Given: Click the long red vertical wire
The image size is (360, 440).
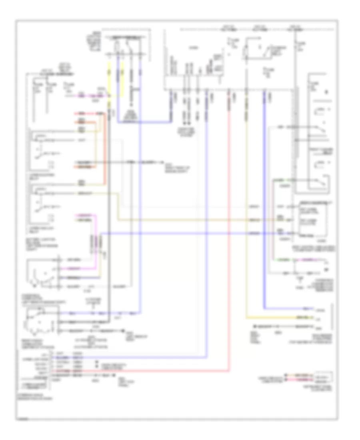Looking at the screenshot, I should click(x=228, y=240).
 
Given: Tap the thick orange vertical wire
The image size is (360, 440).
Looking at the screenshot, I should click(x=105, y=152).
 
